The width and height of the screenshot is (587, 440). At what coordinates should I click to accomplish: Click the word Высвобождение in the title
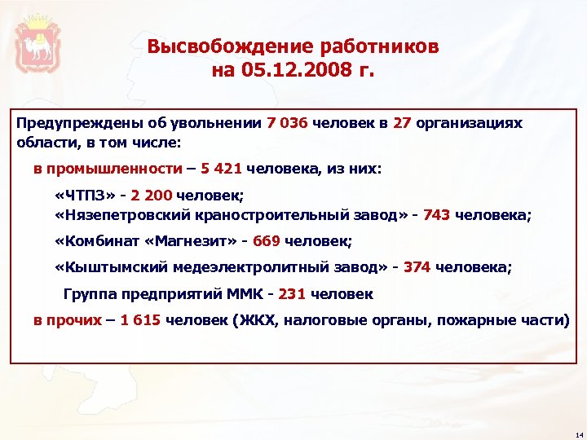click(x=215, y=46)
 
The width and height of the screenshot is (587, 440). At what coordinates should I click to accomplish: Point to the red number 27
click(x=401, y=123)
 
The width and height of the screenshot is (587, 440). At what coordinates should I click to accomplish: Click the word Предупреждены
click(x=64, y=123)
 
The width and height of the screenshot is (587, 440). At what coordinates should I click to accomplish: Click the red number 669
click(x=267, y=242)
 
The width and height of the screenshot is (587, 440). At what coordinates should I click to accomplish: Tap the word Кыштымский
click(x=109, y=268)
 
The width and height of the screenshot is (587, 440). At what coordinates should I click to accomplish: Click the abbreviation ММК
click(x=248, y=293)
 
